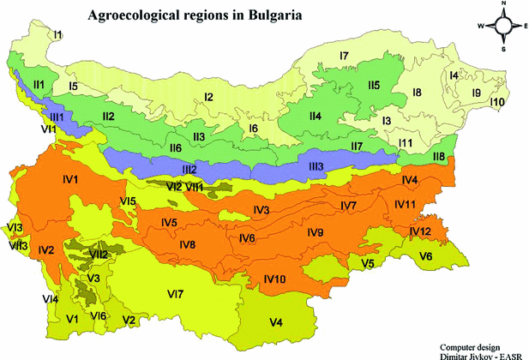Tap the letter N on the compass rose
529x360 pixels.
pyautogui.click(x=504, y=4)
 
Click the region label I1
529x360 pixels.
pyautogui.click(x=57, y=34)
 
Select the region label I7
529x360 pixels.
pyautogui.click(x=344, y=57)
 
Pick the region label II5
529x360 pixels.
pyautogui.click(x=373, y=85)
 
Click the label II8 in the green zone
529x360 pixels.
pyautogui.click(x=438, y=156)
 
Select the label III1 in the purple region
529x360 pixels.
pyautogui.click(x=57, y=116)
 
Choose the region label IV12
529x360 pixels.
pyautogui.click(x=420, y=231)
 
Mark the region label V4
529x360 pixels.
pyautogui.click(x=276, y=322)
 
